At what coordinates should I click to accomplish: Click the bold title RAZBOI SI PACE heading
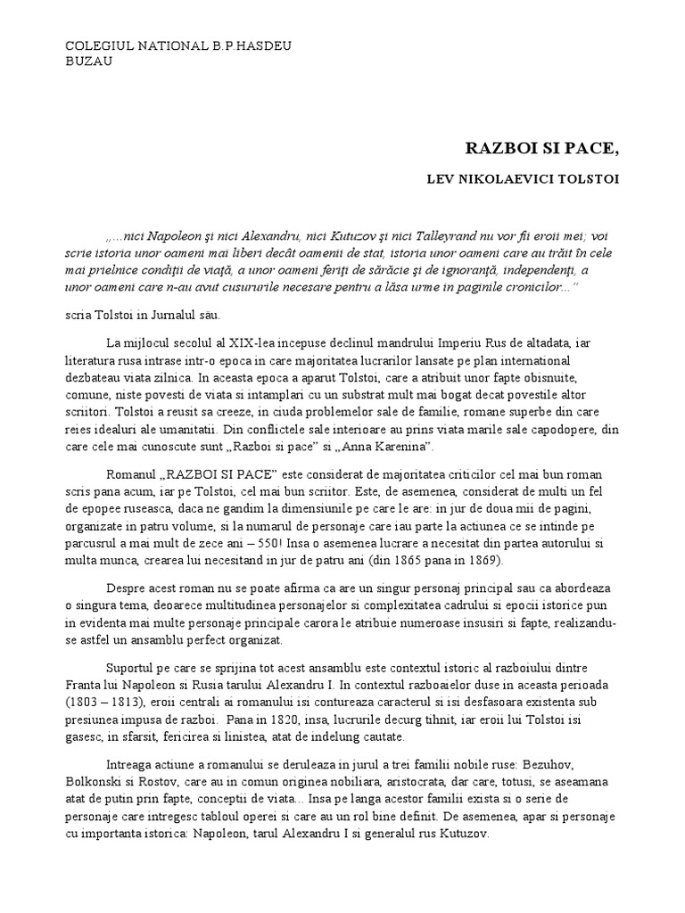click(541, 148)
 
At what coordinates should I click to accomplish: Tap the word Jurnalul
click(184, 316)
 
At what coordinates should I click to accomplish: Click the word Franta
click(85, 685)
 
